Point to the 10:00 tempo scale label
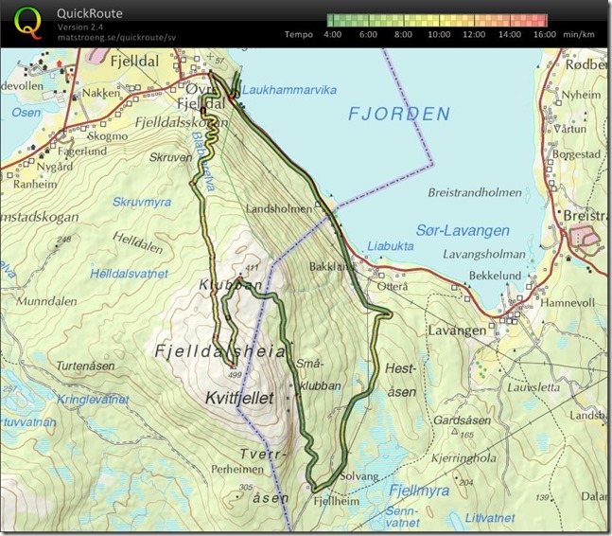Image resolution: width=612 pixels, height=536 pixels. [438, 33]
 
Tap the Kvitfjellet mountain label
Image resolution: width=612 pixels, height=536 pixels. [239, 400]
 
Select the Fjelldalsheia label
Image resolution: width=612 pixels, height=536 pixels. [219, 351]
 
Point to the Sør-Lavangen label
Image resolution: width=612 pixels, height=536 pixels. [462, 230]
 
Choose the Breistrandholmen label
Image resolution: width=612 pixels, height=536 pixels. [474, 191]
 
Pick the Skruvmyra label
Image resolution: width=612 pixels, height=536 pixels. [143, 202]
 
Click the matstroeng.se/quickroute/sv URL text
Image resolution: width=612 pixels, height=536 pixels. [115, 37]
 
